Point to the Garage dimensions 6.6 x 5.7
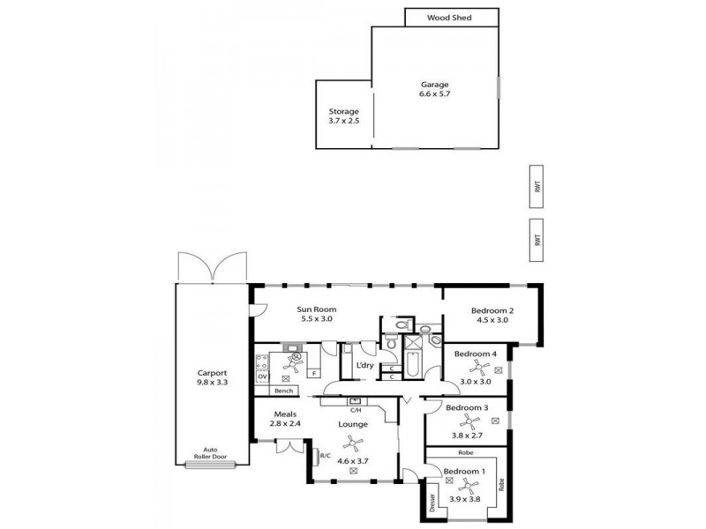click(434, 93)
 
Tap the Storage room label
click(343, 112)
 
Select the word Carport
click(212, 372)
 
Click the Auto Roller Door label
click(210, 452)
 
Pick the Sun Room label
click(317, 309)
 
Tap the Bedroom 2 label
click(492, 310)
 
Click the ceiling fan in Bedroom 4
click(474, 366)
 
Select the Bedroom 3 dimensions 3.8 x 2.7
click(467, 422)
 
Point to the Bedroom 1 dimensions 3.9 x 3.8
click(465, 499)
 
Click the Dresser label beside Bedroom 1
click(432, 501)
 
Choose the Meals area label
click(284, 414)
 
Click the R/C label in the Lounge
click(325, 456)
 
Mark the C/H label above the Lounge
click(356, 410)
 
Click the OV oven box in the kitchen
click(262, 376)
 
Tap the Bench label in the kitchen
click(283, 390)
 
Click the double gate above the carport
click(212, 267)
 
